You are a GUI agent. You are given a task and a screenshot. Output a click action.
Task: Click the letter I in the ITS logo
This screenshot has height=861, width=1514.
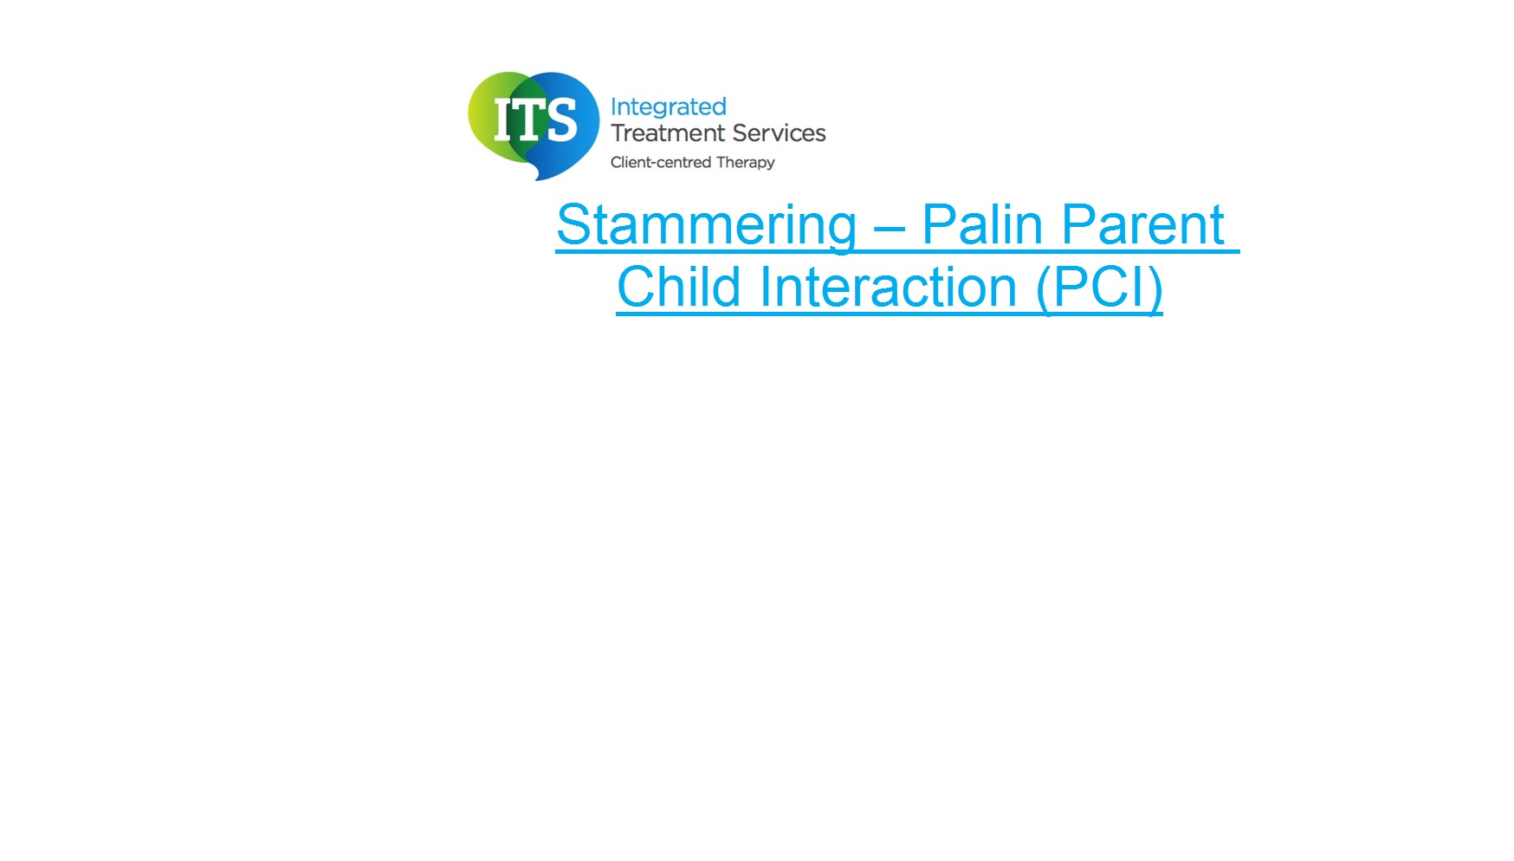(x=502, y=119)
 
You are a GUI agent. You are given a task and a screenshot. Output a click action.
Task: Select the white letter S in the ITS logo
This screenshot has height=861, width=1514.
(x=561, y=119)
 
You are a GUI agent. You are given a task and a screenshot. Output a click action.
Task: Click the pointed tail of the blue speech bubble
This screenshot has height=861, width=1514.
(x=541, y=176)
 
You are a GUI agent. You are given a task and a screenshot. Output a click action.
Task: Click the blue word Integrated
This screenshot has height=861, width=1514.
(x=668, y=107)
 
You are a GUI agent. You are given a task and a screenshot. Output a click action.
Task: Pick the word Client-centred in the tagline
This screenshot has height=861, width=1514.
(x=661, y=162)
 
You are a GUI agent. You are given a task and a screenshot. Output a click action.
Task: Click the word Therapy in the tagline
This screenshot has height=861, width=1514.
(x=746, y=163)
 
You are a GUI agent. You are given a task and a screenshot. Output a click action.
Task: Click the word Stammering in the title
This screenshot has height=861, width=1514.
(x=707, y=226)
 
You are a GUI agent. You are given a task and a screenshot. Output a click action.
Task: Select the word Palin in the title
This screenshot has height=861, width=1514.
(x=982, y=225)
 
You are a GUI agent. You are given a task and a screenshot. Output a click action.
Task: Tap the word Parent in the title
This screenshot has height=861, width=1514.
(x=1142, y=225)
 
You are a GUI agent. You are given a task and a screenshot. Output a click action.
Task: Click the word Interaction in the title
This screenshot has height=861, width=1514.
(x=888, y=287)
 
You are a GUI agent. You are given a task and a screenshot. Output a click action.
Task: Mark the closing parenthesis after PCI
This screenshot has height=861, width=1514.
(x=1153, y=289)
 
